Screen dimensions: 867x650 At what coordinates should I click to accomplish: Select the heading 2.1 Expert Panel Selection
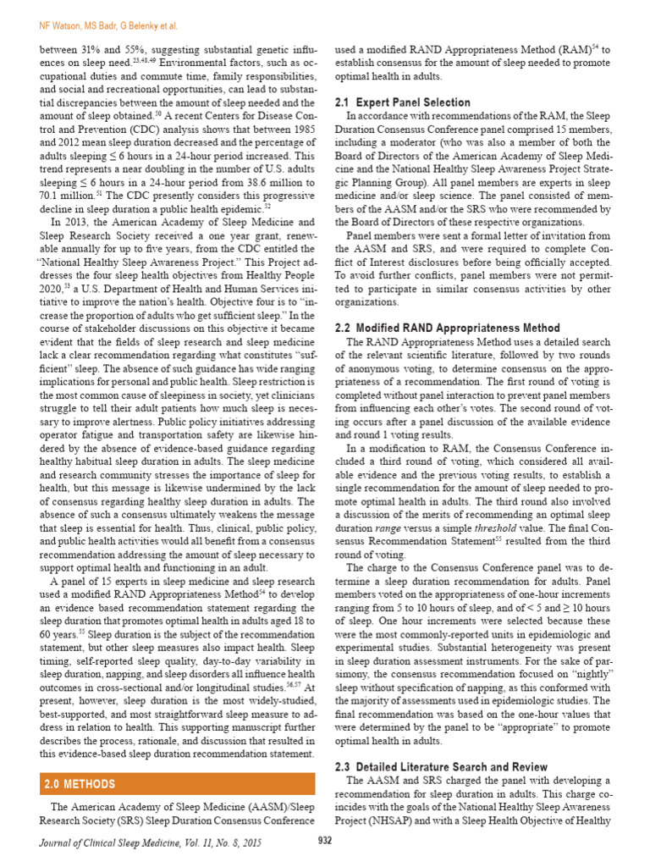coord(403,102)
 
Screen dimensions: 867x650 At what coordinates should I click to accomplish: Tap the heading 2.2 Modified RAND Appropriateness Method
coord(448,328)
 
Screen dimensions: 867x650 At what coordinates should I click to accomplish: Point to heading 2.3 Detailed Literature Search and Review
coord(448,766)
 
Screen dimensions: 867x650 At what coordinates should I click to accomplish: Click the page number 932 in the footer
coord(324,840)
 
